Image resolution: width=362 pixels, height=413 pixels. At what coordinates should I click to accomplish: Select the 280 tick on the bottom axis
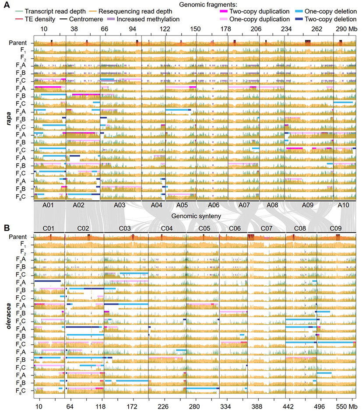195,401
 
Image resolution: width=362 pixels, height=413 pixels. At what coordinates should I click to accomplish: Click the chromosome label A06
212,204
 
